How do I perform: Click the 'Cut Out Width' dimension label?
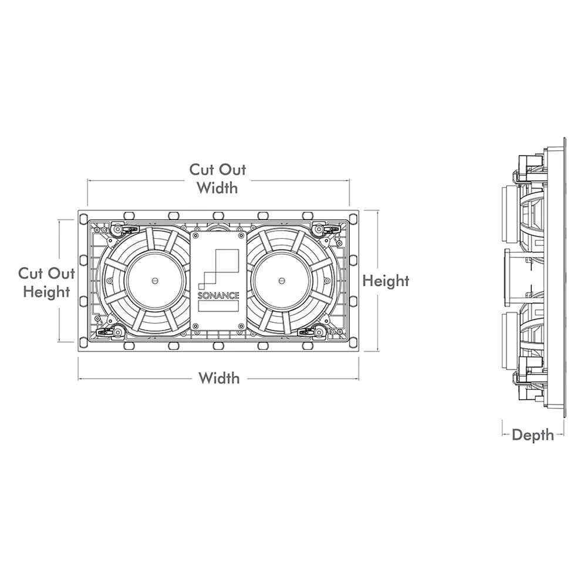pyautogui.click(x=217, y=178)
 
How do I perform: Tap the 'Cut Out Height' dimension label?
pyautogui.click(x=46, y=282)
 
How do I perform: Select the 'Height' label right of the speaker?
pyautogui.click(x=386, y=281)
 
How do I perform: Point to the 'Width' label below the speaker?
pyautogui.click(x=219, y=378)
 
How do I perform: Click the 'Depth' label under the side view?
pyautogui.click(x=532, y=435)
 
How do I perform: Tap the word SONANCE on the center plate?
pyautogui.click(x=218, y=295)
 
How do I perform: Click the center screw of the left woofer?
pyautogui.click(x=154, y=281)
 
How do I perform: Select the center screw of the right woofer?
pyautogui.click(x=282, y=281)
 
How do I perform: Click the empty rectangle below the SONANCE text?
pyautogui.click(x=218, y=306)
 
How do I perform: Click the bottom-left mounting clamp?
pyautogui.click(x=117, y=332)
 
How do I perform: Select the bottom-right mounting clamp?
pyautogui.click(x=318, y=332)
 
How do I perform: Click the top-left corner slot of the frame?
pyautogui.click(x=83, y=218)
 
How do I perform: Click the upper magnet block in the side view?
pyautogui.click(x=509, y=214)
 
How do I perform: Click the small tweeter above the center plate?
pyautogui.click(x=218, y=226)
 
